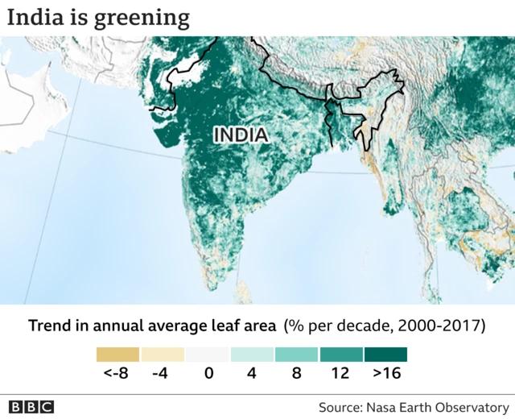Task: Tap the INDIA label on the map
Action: coord(241,135)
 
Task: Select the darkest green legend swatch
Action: coord(385,355)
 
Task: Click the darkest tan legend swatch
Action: coord(117,355)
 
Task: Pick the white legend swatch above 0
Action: coord(207,355)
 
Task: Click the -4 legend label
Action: coord(163,374)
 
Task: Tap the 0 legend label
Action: coord(207,374)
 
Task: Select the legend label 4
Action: coord(252,374)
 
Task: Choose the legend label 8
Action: coord(296,374)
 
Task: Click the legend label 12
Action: coord(340,374)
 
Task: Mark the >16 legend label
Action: coord(385,374)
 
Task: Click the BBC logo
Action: coord(31,406)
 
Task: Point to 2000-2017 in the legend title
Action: coord(444,326)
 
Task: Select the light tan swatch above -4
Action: coord(163,355)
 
